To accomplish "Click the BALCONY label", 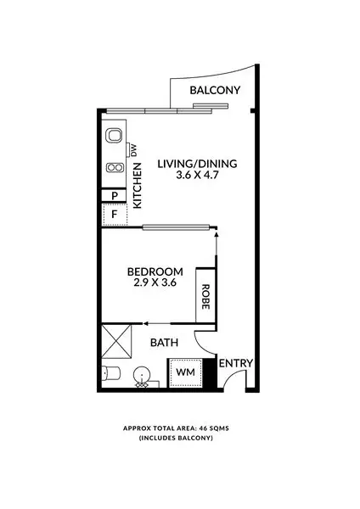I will point(216,91).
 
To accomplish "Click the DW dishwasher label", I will point(133,150).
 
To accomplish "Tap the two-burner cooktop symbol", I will point(112,167).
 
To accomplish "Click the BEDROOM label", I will point(155,271).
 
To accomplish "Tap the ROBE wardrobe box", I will point(205,294).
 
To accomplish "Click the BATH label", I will point(163,344).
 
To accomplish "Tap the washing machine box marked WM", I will point(184,372).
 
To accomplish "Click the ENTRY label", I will point(236,364).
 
